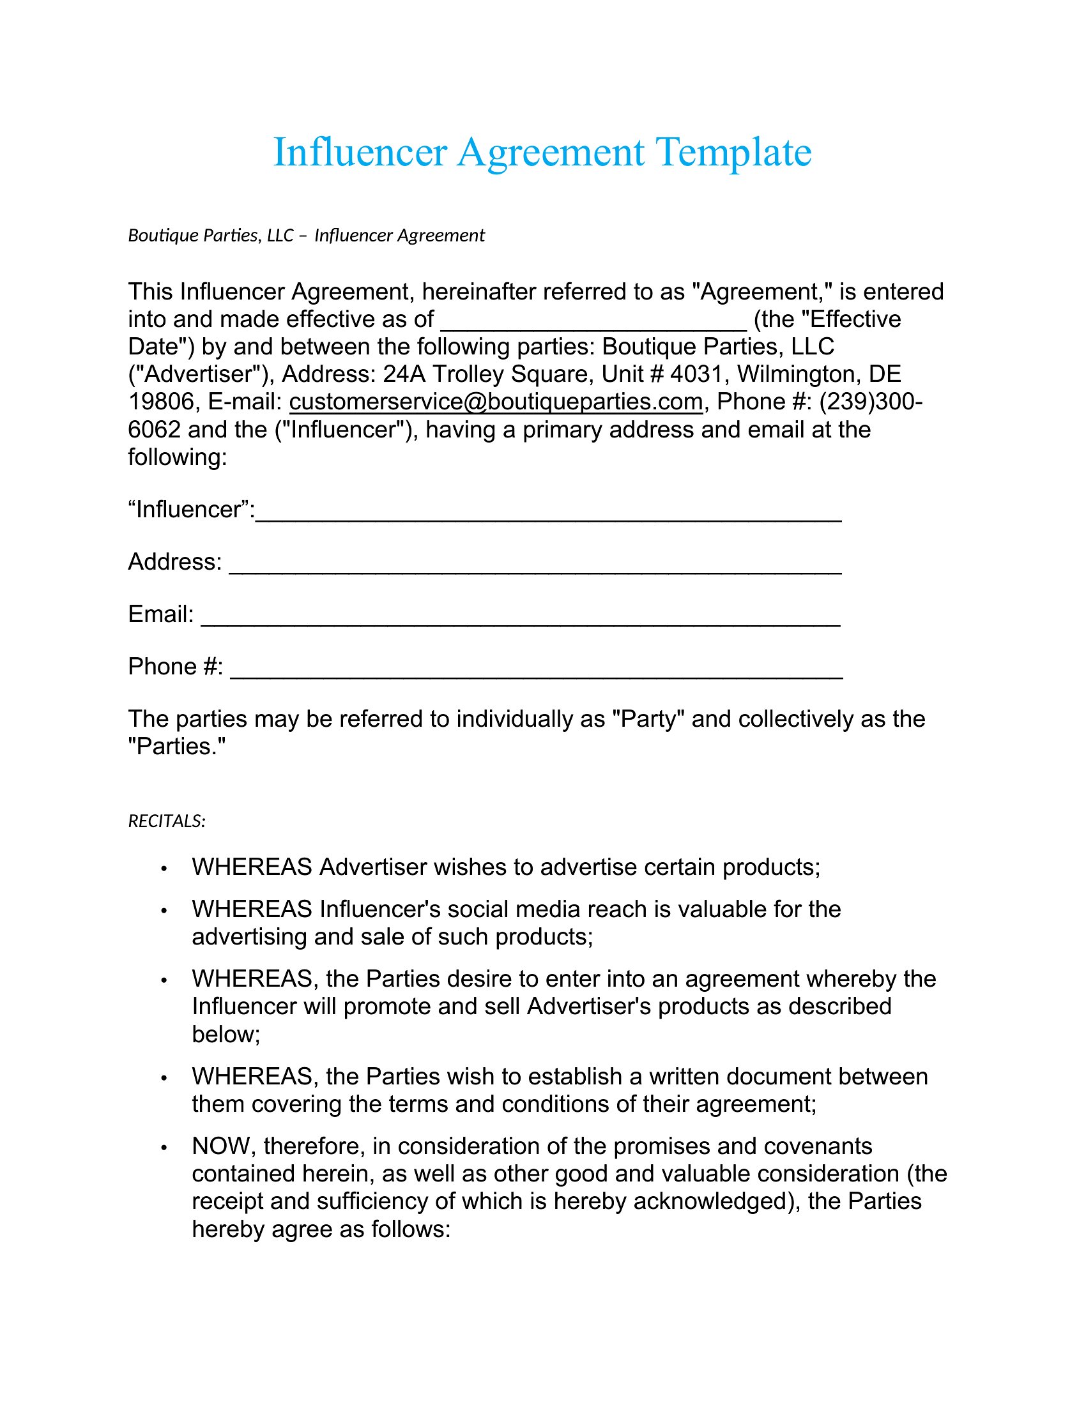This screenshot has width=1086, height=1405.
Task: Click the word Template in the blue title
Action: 733,153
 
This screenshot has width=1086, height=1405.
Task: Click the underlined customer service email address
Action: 495,402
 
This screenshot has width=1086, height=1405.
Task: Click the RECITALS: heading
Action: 167,821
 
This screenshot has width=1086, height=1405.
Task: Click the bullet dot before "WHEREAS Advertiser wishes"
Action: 164,869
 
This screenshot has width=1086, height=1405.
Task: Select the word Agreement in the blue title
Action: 550,153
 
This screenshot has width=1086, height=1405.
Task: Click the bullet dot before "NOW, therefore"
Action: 164,1148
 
